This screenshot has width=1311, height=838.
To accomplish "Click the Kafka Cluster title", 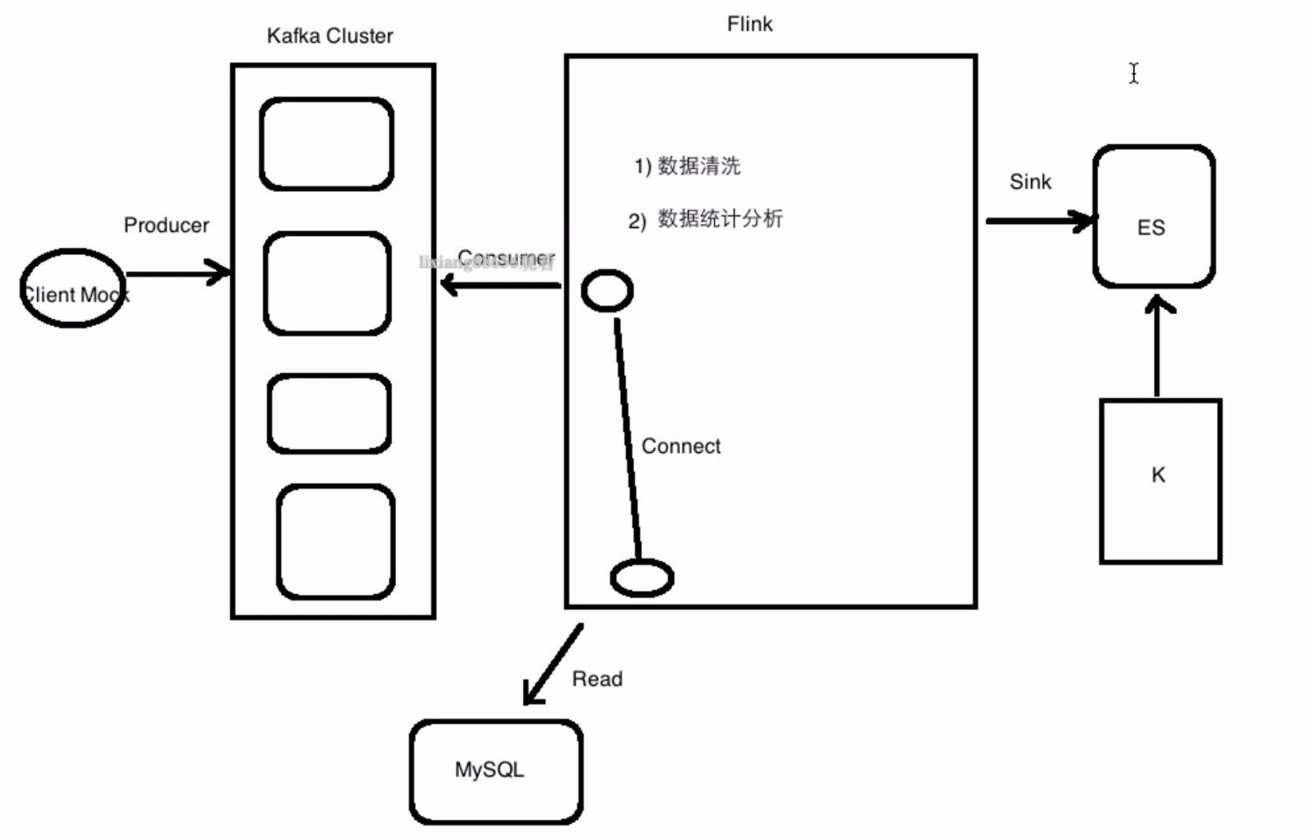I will point(330,36).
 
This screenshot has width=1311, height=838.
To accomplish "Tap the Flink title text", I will point(749,24).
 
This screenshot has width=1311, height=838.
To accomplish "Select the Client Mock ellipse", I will point(73,288).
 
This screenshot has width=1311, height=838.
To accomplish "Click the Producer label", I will point(166,226).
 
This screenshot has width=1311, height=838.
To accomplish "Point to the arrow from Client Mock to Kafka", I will point(177,274).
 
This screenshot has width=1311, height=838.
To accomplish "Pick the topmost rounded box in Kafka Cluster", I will point(327,144).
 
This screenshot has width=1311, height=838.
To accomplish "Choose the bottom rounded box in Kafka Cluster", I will point(336,541).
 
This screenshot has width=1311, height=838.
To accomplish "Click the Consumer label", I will point(506,258).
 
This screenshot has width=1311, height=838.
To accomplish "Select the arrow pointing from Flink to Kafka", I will point(501,284).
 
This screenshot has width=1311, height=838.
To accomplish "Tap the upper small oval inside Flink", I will point(607,291).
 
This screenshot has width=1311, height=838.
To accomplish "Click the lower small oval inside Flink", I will point(642,578).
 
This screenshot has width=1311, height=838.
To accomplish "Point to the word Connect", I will point(681,447).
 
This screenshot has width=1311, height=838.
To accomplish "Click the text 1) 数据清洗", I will point(687,166).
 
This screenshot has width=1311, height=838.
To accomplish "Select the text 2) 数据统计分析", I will point(705,219).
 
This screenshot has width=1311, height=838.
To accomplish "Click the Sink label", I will point(1030,182).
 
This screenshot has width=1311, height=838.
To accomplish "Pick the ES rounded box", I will point(1153,216).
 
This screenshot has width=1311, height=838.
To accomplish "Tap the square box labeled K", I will point(1160,481).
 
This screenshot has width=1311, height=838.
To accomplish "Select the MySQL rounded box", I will point(496,771).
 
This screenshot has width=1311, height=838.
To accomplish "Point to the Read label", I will point(597,679).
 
